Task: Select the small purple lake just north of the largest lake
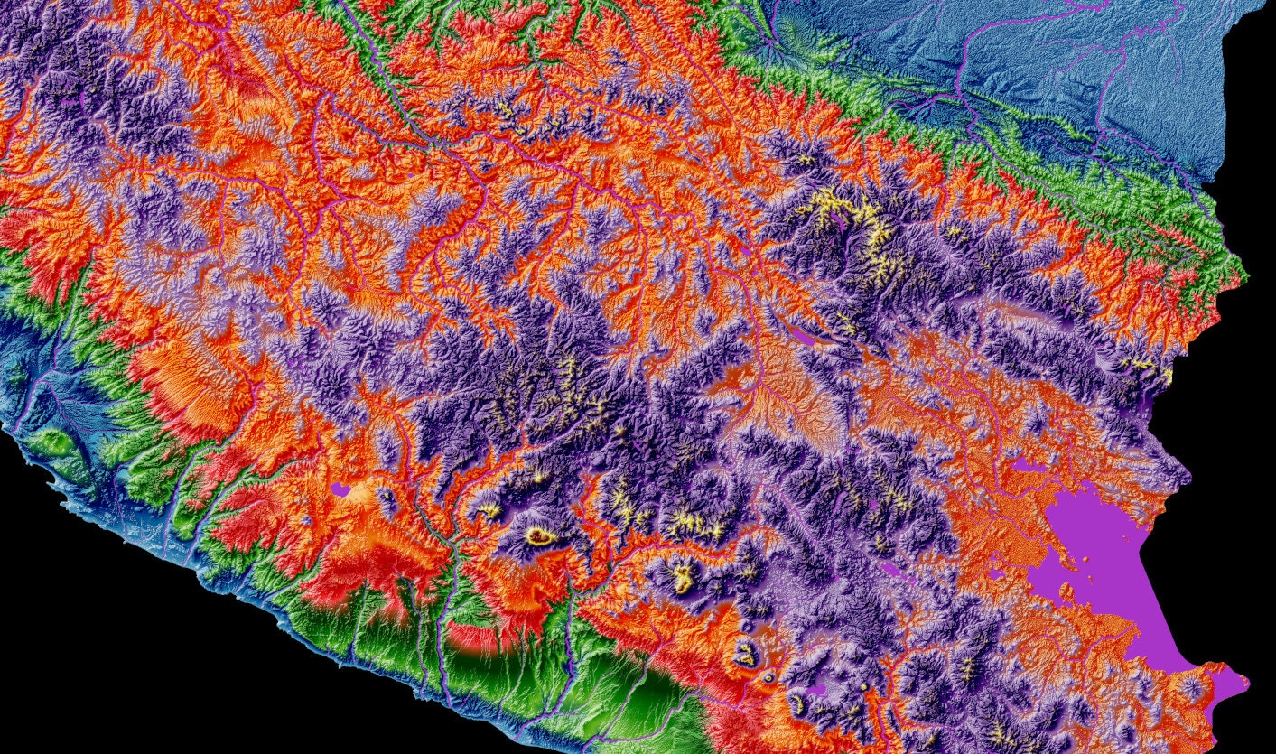pos(1024,466)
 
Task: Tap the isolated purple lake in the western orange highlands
pos(340,489)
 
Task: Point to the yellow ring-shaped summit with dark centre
pos(541,536)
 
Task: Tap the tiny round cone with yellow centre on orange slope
pos(768,675)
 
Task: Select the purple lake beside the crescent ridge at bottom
pos(817,690)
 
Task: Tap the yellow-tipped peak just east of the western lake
pos(387,495)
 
